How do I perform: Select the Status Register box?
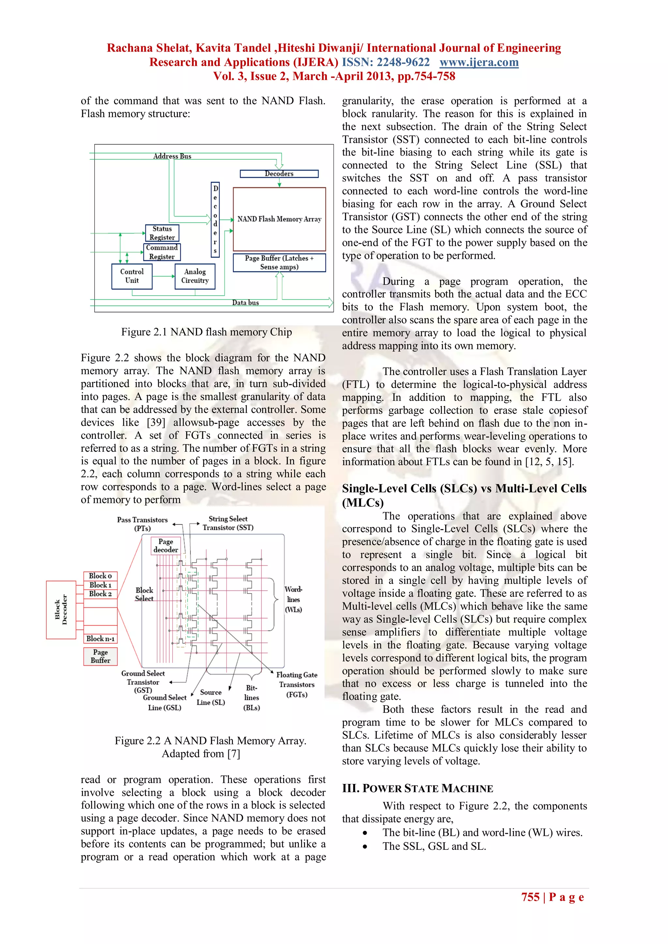click(162, 233)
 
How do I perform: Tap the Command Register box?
click(162, 252)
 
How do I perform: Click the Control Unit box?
click(132, 276)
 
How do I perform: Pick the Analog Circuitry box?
click(195, 276)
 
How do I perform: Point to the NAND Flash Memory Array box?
click(279, 219)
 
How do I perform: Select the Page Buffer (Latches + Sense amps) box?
click(279, 263)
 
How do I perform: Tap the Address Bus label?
click(172, 156)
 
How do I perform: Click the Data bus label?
click(246, 302)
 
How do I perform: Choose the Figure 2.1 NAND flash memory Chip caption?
click(206, 332)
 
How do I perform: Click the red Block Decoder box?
click(61, 610)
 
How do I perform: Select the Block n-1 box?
click(100, 639)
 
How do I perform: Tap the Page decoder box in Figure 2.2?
click(166, 546)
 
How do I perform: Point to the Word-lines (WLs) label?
click(293, 599)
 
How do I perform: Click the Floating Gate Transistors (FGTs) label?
click(296, 685)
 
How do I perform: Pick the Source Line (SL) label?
click(211, 697)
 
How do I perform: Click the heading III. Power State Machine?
click(417, 789)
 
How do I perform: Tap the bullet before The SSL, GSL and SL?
click(365, 847)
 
